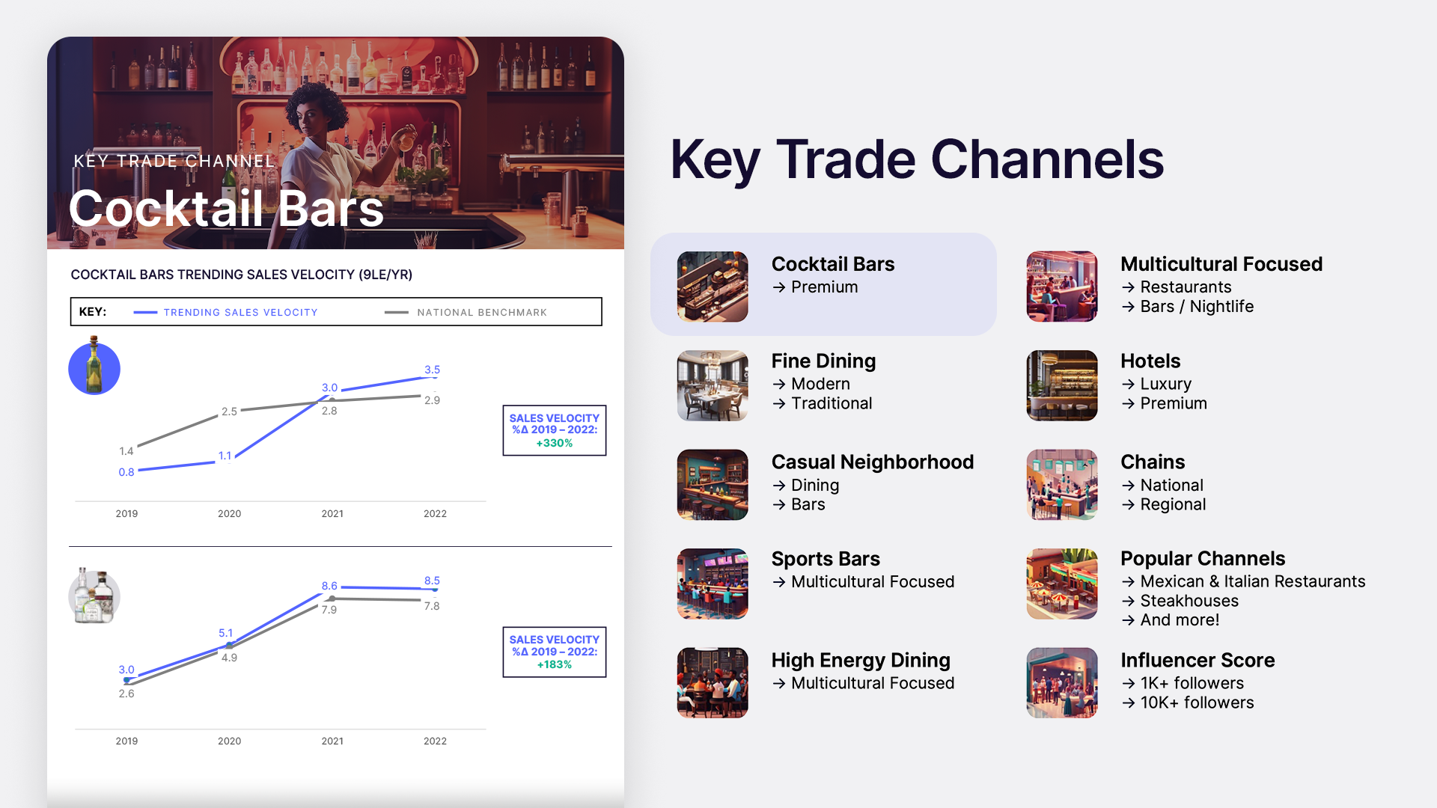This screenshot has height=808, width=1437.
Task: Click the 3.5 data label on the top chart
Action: (x=432, y=370)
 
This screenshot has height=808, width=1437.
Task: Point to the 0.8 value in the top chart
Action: (x=126, y=472)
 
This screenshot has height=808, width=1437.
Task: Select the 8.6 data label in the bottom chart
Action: (x=329, y=586)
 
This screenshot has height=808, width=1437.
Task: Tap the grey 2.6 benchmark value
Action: (x=126, y=694)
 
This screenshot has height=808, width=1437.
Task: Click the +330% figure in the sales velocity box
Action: (x=555, y=443)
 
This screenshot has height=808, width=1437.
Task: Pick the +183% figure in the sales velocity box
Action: (x=555, y=664)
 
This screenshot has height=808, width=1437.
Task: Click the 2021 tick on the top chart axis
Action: (x=332, y=513)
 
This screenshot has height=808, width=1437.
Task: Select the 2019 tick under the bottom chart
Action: (x=126, y=741)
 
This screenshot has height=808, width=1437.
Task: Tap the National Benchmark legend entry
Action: (x=466, y=312)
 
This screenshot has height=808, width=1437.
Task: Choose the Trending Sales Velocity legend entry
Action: (x=225, y=312)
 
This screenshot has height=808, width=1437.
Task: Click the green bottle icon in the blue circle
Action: (x=94, y=366)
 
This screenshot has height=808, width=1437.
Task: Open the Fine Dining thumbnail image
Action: (x=713, y=385)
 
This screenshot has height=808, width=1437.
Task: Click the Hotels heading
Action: (x=1150, y=361)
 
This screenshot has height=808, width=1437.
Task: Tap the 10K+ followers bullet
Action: (x=1188, y=703)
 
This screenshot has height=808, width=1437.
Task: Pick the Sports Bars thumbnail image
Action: (x=713, y=584)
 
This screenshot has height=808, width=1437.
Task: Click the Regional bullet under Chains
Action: (x=1164, y=504)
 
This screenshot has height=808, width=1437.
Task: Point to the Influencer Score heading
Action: (x=1197, y=660)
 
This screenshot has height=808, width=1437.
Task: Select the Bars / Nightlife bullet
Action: (x=1187, y=307)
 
